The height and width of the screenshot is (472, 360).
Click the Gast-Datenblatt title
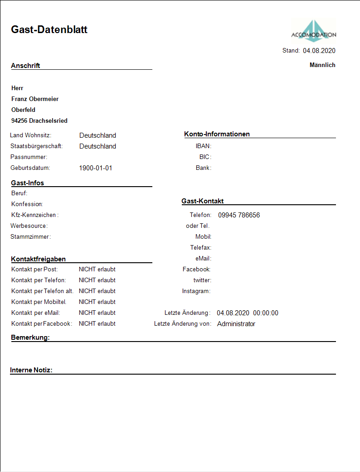click(x=49, y=30)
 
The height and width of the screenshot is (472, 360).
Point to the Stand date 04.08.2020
click(x=319, y=51)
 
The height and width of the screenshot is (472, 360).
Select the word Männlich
click(x=322, y=65)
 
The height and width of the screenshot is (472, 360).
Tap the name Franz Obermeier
click(x=35, y=99)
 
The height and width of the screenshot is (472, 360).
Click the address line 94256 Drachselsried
click(x=39, y=121)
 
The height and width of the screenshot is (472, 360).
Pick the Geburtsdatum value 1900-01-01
click(x=95, y=168)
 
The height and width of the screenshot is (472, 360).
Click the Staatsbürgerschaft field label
click(x=37, y=146)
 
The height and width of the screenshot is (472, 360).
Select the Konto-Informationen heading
click(x=217, y=134)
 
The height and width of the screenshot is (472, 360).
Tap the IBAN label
click(x=204, y=146)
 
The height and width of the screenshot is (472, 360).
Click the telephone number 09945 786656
click(x=239, y=215)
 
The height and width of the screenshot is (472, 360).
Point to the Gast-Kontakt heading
click(x=202, y=201)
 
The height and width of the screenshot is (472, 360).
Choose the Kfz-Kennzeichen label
click(x=35, y=215)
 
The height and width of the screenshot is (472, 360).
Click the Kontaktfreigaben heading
click(x=39, y=259)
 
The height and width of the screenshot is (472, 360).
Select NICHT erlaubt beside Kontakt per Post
click(x=97, y=270)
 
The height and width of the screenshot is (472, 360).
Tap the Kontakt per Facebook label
click(x=42, y=324)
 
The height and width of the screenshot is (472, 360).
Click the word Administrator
click(x=236, y=324)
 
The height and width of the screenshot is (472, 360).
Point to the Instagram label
click(x=196, y=291)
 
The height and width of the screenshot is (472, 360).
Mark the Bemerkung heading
click(x=30, y=338)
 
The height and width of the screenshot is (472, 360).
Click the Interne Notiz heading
click(x=31, y=371)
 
